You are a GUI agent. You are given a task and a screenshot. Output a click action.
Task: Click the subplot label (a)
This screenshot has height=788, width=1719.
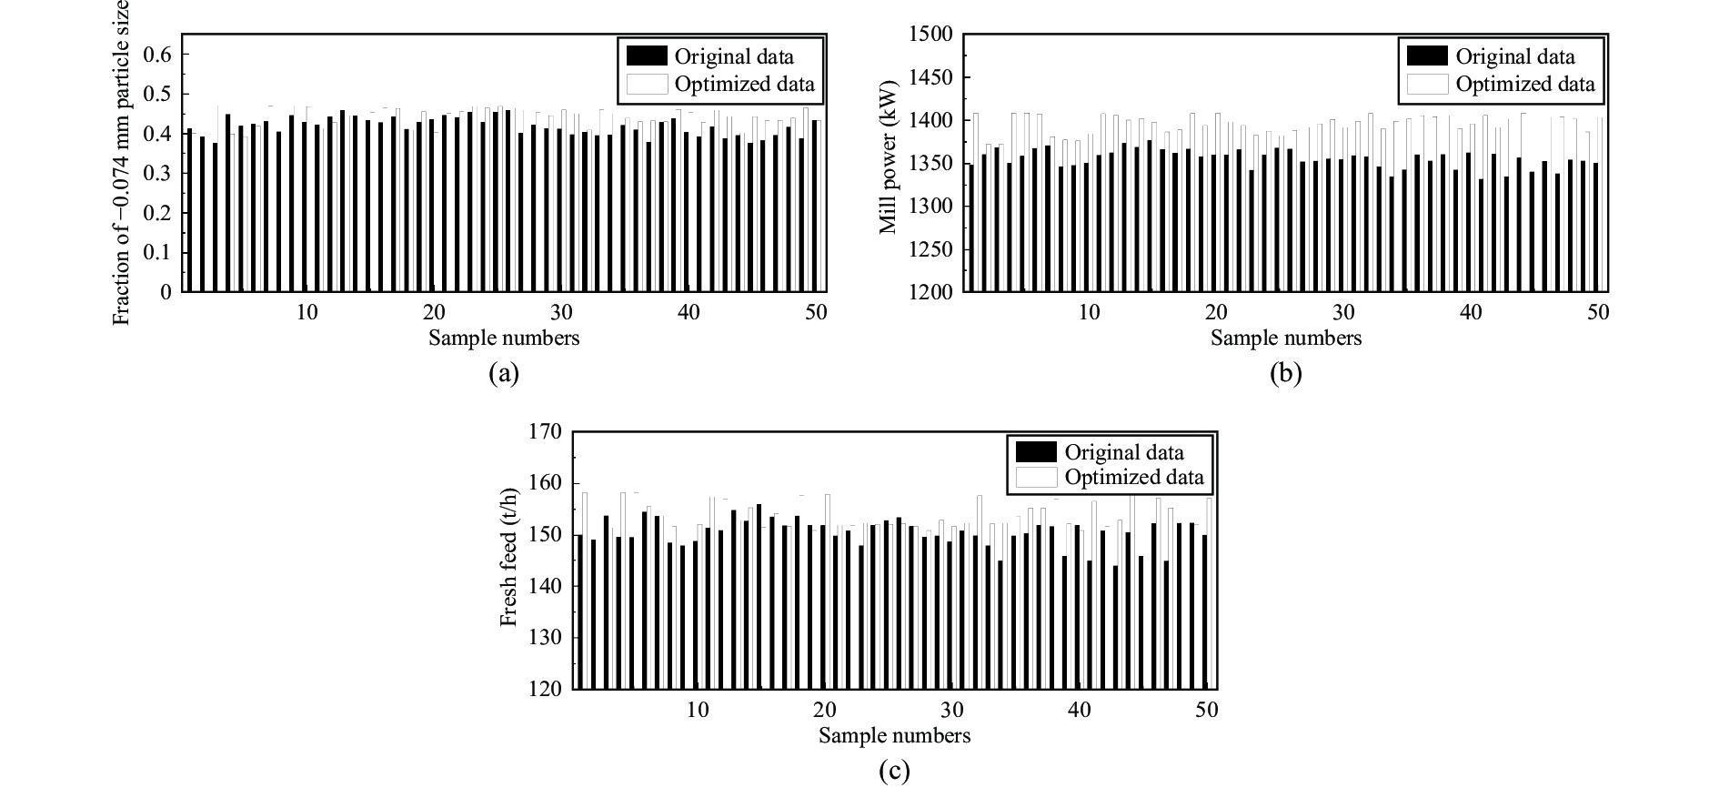[503, 373]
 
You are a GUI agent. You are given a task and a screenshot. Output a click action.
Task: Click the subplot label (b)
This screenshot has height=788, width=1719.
[1285, 373]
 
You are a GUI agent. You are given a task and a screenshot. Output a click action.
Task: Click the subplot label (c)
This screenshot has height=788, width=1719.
[894, 772]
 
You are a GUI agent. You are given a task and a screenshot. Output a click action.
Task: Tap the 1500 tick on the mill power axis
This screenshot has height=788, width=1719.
[930, 35]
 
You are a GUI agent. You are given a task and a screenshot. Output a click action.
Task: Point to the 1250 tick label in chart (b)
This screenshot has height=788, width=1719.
[930, 249]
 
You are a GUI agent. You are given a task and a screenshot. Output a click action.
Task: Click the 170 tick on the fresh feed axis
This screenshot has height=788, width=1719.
[545, 431]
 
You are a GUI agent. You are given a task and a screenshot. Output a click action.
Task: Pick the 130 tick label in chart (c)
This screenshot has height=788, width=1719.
[545, 638]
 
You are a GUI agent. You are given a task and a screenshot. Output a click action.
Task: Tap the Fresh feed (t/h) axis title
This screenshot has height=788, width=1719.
[509, 558]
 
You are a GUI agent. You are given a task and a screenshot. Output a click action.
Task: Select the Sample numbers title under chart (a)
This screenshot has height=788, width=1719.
[503, 338]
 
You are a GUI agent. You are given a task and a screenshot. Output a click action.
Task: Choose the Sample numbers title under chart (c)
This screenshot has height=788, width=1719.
[894, 735]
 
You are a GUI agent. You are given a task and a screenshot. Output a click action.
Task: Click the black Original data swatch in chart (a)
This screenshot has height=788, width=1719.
[647, 56]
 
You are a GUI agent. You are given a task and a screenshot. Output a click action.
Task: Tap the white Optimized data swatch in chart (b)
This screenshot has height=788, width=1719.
[1427, 85]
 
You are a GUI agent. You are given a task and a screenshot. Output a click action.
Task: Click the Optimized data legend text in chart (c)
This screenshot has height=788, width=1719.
[1133, 477]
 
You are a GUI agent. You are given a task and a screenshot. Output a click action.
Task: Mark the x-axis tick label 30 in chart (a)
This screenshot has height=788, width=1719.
[561, 312]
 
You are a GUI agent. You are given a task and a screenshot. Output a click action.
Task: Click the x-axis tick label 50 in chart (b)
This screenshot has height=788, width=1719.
[1598, 312]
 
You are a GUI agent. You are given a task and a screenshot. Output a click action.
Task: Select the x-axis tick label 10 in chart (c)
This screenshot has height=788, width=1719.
[697, 710]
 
